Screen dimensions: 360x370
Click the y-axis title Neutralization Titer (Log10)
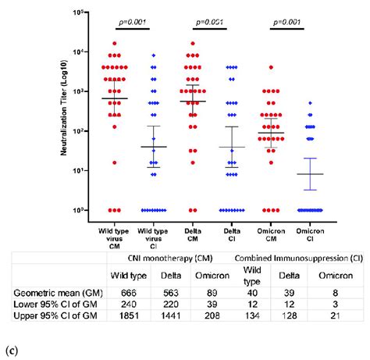(64, 111)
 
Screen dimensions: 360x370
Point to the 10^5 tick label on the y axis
(77, 13)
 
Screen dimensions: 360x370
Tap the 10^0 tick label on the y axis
(77, 210)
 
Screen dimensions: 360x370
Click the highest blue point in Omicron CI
(309, 103)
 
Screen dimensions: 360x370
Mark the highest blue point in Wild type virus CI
(154, 55)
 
